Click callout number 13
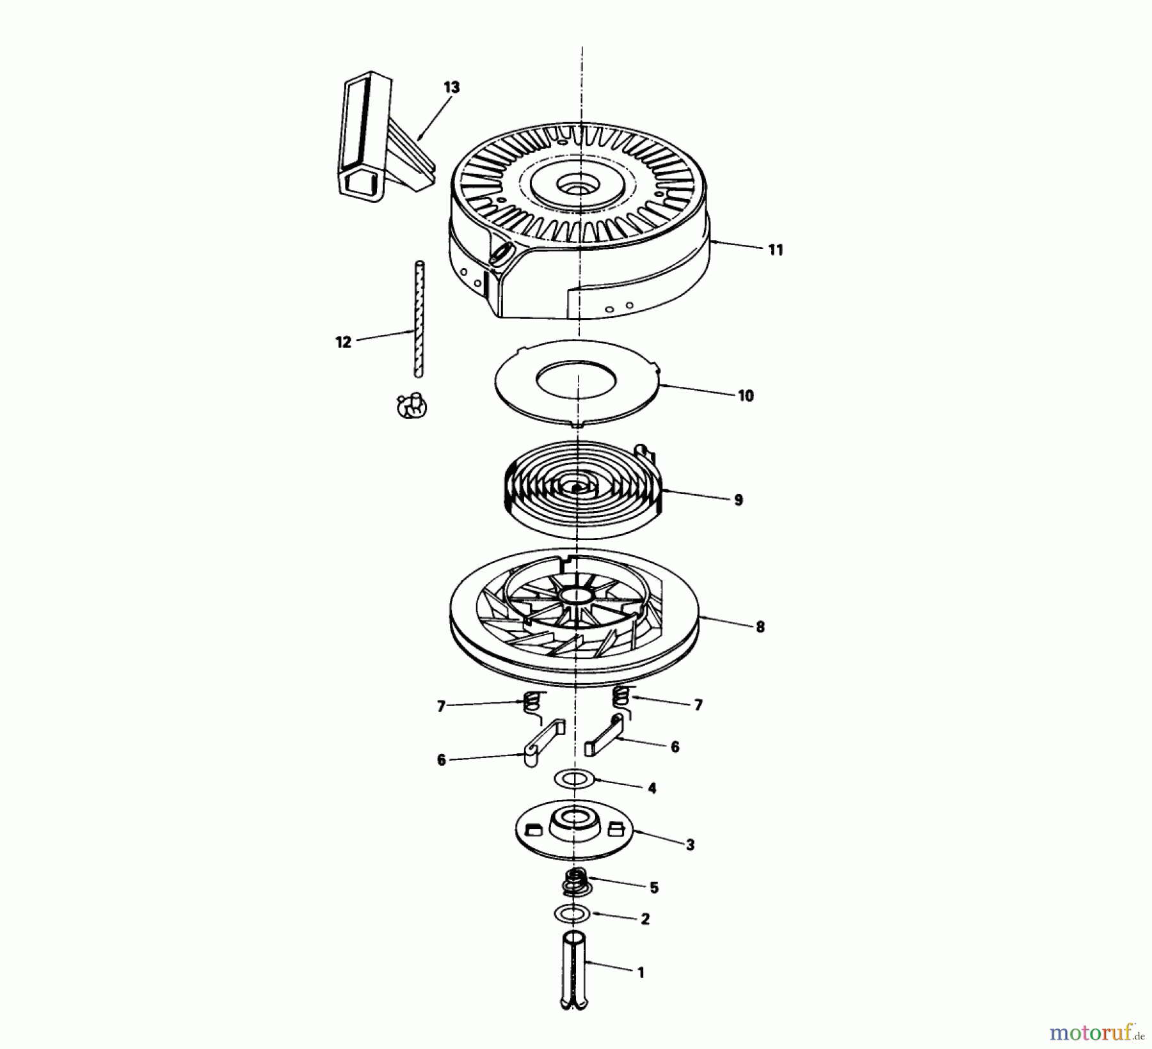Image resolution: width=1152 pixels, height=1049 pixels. [451, 87]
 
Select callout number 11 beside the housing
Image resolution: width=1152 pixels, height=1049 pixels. [775, 250]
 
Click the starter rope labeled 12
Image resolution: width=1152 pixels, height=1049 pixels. [420, 320]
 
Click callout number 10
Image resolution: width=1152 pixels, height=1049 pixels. [746, 396]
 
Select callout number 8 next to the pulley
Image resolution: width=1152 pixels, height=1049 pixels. [760, 627]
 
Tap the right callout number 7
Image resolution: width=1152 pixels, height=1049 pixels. [698, 705]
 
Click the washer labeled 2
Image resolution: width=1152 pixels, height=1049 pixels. [572, 915]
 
